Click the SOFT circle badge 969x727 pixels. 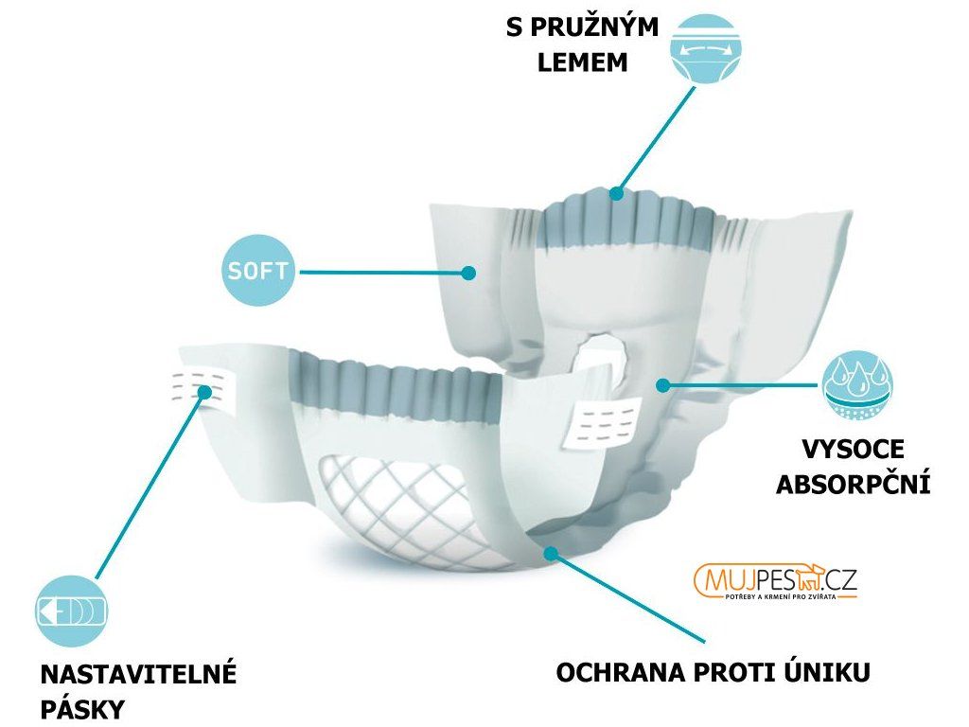point(258,272)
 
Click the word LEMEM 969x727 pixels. point(582,62)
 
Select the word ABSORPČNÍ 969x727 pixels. point(853,485)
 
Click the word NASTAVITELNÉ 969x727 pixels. point(138,675)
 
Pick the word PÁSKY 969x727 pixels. point(82,709)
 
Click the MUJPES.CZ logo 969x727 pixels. point(775,582)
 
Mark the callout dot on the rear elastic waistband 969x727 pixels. point(617,193)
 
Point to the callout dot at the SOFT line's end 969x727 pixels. point(468,273)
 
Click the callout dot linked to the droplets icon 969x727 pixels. point(663,385)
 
